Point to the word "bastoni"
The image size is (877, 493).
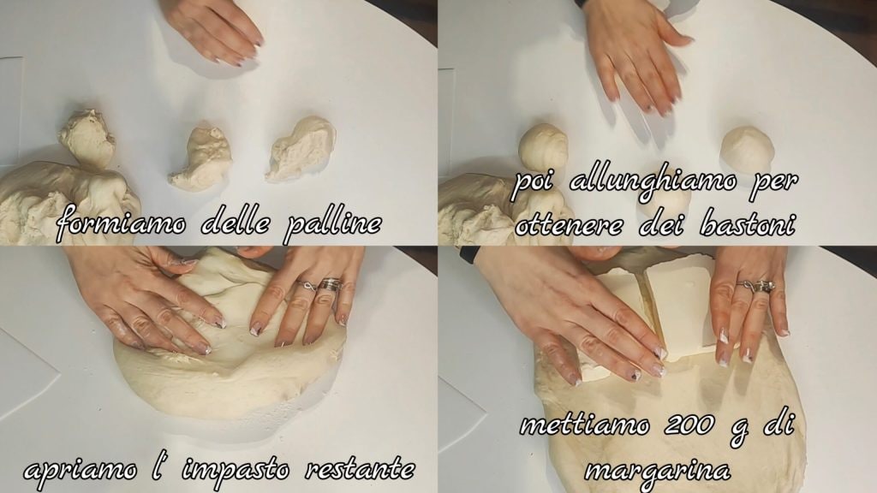click(746, 224)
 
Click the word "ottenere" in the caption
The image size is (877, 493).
click(569, 225)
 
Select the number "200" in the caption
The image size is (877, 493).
click(690, 425)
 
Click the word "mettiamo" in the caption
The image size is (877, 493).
click(584, 425)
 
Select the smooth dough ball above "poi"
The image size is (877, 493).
click(542, 147)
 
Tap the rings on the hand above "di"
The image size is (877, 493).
click(756, 286)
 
